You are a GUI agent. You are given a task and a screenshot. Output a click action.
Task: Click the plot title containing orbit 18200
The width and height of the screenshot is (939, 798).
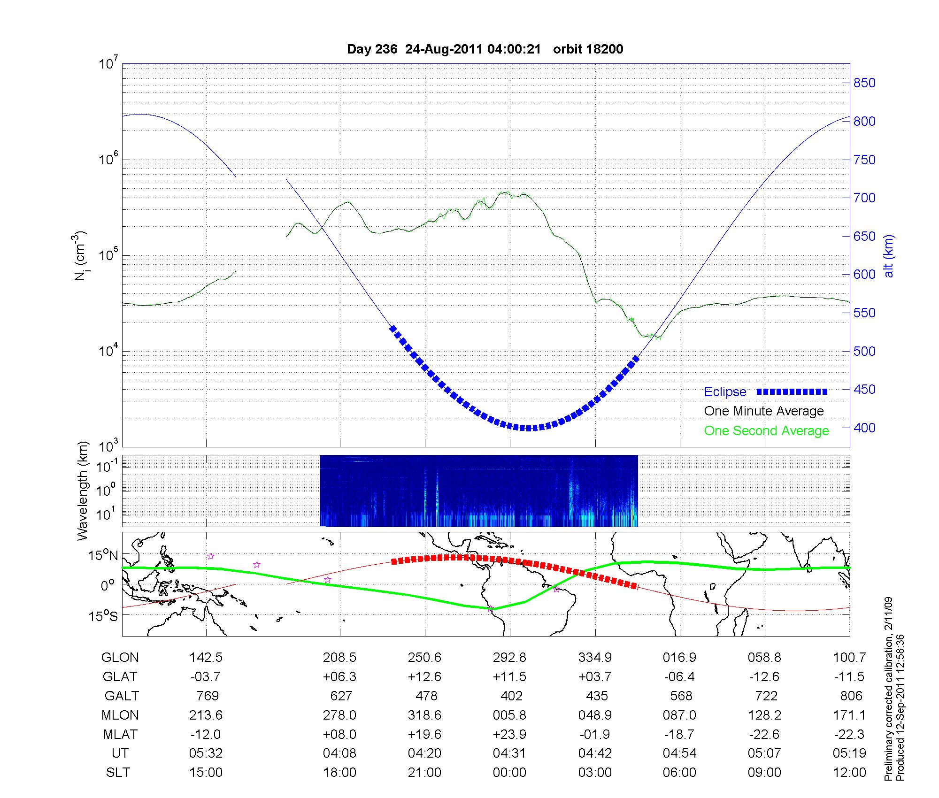coord(485,49)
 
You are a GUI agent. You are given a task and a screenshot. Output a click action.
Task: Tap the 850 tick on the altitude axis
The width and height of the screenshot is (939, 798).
coord(864,83)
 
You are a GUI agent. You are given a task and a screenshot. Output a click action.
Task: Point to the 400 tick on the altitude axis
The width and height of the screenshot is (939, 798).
coord(864,428)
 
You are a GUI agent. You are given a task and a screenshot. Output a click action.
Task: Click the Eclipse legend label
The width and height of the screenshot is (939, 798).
coord(725,392)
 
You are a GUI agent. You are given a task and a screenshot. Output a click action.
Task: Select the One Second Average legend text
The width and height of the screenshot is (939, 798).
coord(766,431)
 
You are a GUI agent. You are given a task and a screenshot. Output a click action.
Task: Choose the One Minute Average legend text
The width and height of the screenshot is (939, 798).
coord(764,411)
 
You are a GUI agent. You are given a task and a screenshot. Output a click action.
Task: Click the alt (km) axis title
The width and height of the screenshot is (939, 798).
coord(889,256)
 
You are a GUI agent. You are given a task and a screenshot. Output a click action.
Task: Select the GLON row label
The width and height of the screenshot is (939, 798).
coord(120,658)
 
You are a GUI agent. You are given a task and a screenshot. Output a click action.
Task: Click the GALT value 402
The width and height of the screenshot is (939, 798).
coord(511,696)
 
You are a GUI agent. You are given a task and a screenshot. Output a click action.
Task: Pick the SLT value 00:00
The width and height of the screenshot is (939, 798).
coord(509,773)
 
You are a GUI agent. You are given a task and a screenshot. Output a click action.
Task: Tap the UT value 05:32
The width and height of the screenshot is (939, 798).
coord(206,753)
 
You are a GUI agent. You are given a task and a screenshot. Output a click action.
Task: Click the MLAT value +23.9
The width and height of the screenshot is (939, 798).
coord(509,734)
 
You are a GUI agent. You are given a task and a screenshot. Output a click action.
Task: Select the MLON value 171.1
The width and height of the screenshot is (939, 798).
coord(849,715)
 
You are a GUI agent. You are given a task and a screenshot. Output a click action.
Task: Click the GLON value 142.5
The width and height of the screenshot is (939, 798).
coord(206,658)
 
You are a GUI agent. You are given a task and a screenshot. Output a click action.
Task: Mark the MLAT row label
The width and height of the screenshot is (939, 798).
coord(120,734)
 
